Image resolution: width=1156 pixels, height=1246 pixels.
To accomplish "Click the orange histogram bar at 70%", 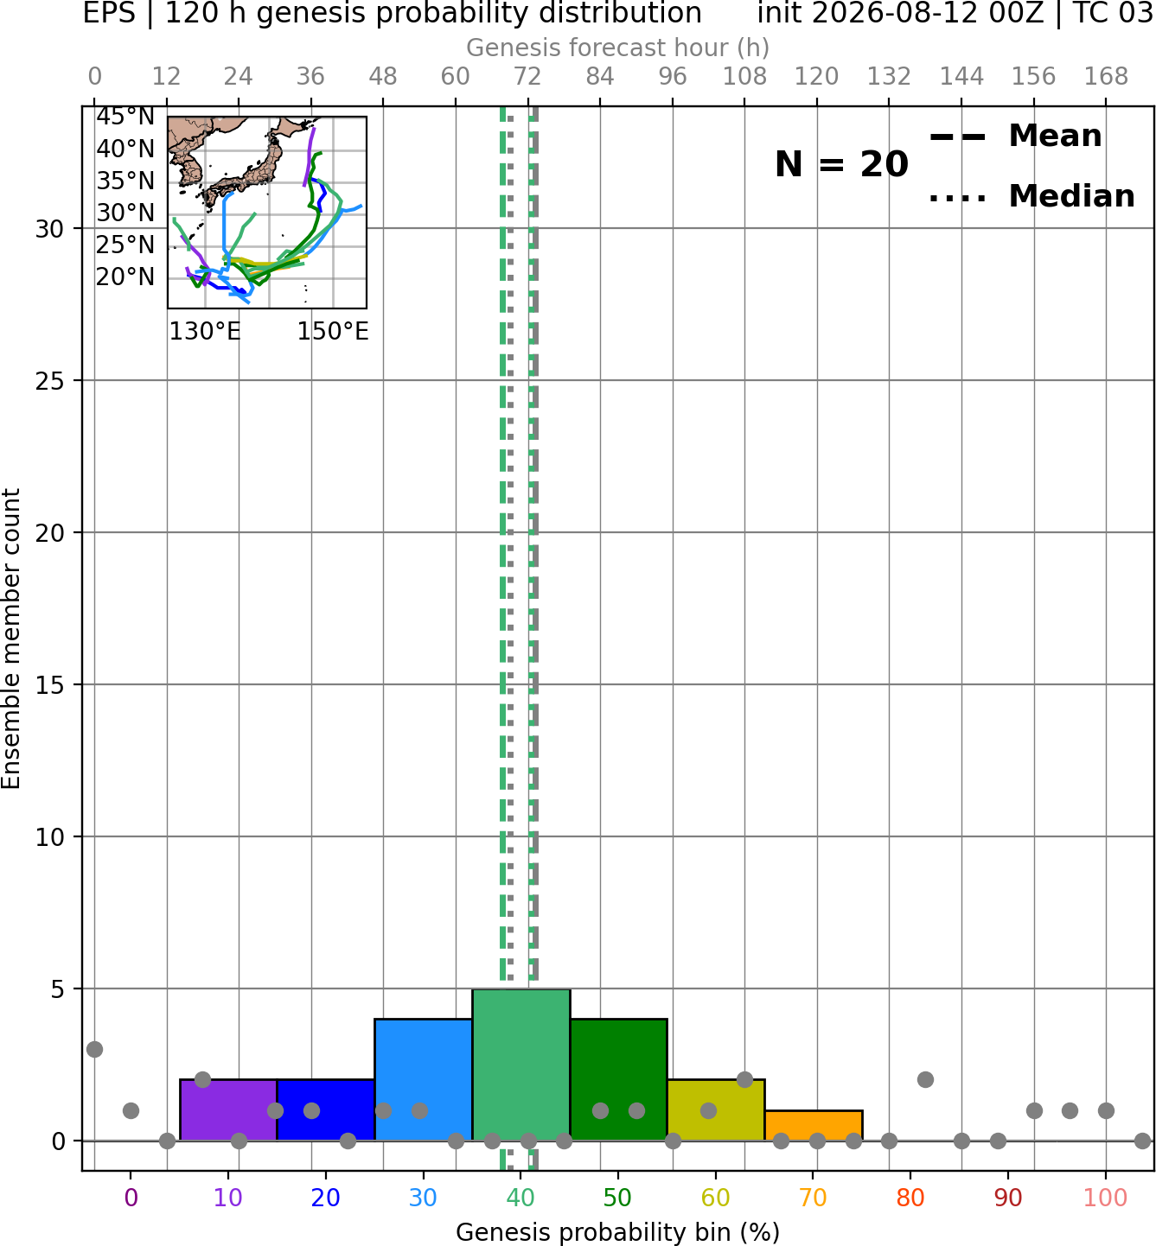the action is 813,1125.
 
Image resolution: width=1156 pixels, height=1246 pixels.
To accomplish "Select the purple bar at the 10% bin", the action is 228,1109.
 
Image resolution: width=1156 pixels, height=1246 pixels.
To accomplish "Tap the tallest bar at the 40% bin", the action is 521,1065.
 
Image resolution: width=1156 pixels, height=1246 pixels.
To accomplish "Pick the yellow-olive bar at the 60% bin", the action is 716,1109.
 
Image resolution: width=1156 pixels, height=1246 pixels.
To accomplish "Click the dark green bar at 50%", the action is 618,1080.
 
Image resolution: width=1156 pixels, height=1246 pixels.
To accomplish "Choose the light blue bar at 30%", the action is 423,1080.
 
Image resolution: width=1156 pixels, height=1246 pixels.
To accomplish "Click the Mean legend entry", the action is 1015,136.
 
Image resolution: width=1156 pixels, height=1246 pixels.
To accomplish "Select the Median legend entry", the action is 1031,196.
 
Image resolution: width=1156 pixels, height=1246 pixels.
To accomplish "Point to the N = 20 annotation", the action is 841,164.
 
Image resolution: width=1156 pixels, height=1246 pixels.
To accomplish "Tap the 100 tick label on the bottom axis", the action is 1106,1198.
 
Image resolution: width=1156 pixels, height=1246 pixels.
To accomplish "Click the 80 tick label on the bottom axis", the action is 910,1198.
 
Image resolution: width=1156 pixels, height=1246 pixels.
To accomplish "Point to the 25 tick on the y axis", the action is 49,381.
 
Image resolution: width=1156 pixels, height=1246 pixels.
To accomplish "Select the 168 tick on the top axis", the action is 1106,77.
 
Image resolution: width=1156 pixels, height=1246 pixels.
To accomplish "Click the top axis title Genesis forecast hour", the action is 618,48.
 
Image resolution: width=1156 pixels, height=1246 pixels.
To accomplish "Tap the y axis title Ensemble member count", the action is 11,639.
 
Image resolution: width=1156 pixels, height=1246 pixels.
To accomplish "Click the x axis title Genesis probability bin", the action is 618,1232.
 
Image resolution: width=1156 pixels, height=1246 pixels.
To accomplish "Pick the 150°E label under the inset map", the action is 333,331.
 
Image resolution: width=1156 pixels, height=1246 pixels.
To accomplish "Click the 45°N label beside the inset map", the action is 125,117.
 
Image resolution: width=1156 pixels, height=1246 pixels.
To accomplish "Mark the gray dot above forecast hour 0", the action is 94,1050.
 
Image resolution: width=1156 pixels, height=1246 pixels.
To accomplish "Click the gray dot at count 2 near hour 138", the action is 925,1080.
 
